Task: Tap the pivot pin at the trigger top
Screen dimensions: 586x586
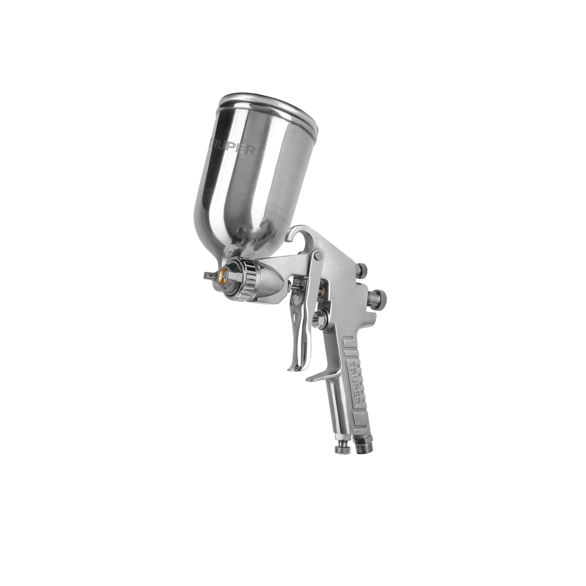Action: [x=318, y=255]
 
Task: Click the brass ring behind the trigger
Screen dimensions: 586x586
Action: [x=321, y=292]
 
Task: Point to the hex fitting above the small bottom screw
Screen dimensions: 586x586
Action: [x=341, y=437]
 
